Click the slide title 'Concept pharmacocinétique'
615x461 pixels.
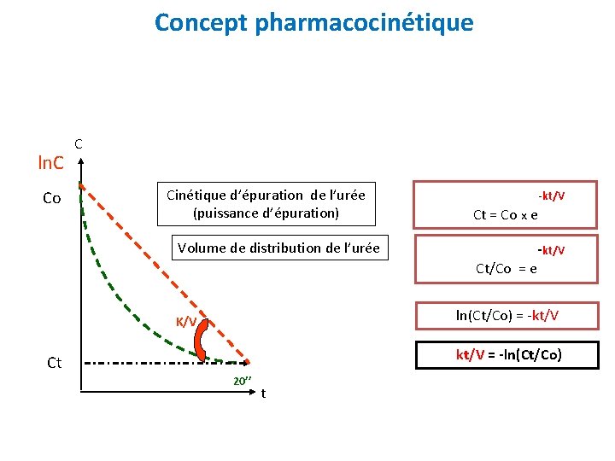pyautogui.click(x=313, y=23)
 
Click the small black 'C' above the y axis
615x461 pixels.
pyautogui.click(x=79, y=144)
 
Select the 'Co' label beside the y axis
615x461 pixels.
pyautogui.click(x=52, y=198)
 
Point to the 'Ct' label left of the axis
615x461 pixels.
pyautogui.click(x=54, y=363)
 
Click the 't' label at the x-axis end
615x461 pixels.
pyautogui.click(x=263, y=394)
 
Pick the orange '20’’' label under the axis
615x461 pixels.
pyautogui.click(x=243, y=381)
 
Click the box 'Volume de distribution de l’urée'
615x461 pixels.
pyautogui.click(x=278, y=248)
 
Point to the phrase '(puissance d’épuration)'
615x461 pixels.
pyautogui.click(x=266, y=213)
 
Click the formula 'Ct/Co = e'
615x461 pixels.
pyautogui.click(x=507, y=268)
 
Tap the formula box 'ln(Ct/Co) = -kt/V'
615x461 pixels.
pyautogui.click(x=507, y=315)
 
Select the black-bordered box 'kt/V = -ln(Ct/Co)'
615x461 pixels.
pyautogui.click(x=507, y=353)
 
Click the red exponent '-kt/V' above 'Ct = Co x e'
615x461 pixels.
pyautogui.click(x=550, y=196)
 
